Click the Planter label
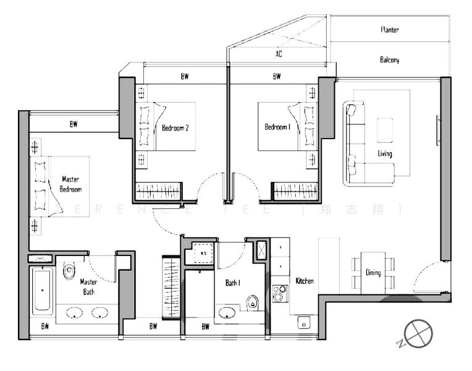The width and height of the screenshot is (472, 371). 389,30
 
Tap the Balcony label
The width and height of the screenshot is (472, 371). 389,60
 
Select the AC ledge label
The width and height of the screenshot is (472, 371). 279,54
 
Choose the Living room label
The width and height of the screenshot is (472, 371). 385,153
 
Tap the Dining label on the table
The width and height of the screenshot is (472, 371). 373,273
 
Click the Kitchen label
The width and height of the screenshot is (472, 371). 305,281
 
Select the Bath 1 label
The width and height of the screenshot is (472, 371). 232,283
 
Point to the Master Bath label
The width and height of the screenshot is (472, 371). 88,287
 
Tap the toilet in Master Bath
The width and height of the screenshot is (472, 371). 69,271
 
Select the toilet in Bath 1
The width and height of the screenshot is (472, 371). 252,302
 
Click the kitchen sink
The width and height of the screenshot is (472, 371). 303,322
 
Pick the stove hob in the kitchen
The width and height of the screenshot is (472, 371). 280,293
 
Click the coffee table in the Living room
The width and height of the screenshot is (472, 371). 386,130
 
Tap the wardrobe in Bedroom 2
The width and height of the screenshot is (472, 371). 159,190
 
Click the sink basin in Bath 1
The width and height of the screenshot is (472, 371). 227,312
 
